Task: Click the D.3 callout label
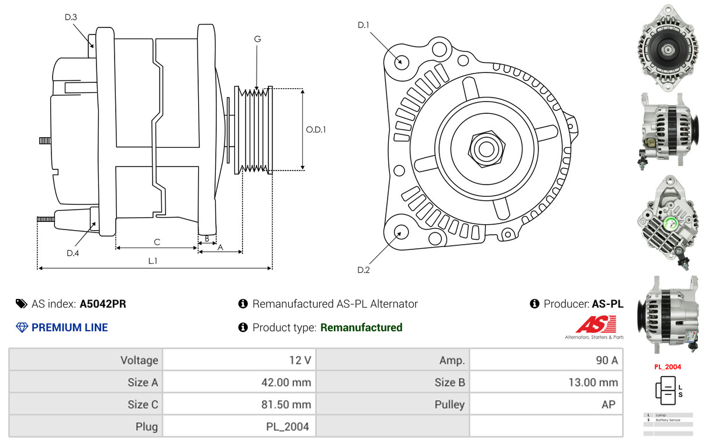(71, 18)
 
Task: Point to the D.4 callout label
(72, 253)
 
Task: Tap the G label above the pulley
(257, 39)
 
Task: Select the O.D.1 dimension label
(316, 130)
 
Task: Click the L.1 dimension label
(153, 261)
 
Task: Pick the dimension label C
(157, 242)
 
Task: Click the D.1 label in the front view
(364, 25)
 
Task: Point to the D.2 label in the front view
(364, 270)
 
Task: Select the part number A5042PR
(103, 304)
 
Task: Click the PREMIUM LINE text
(70, 328)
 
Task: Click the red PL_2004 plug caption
(667, 367)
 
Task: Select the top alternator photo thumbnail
(667, 48)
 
